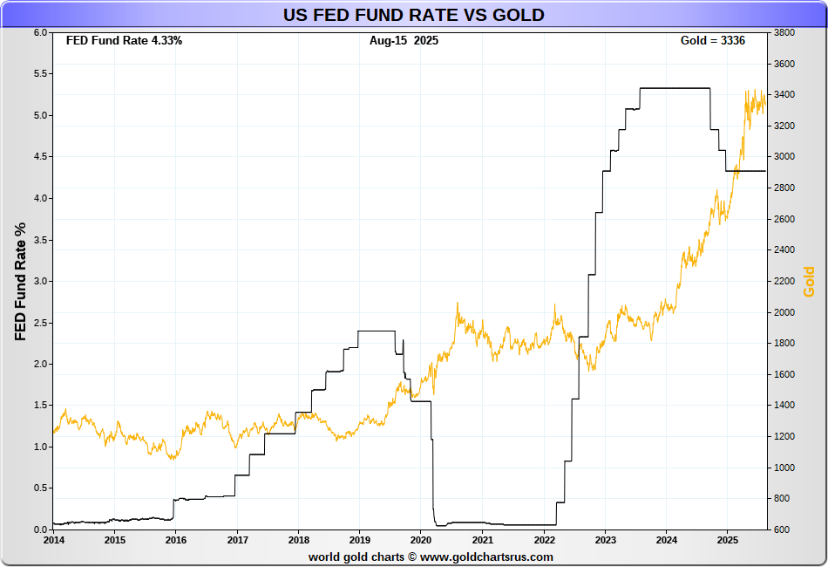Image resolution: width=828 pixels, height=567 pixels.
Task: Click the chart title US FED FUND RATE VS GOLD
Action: click(x=413, y=15)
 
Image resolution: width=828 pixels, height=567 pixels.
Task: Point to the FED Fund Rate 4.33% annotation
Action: click(x=124, y=41)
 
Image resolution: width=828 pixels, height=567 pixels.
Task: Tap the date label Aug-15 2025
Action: click(x=404, y=41)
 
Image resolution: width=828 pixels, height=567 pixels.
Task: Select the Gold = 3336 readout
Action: click(x=712, y=41)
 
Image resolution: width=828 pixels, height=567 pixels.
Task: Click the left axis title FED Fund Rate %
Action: click(x=21, y=281)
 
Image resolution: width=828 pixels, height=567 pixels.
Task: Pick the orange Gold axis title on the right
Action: click(x=809, y=281)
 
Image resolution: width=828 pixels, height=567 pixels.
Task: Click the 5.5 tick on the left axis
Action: click(x=39, y=74)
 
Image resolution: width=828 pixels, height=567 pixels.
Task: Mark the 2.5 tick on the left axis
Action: click(x=39, y=323)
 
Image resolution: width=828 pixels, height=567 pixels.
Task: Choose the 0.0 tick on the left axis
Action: click(x=39, y=529)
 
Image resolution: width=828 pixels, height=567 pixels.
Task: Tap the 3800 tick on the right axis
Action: click(x=783, y=33)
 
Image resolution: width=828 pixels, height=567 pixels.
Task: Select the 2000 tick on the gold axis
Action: click(x=783, y=312)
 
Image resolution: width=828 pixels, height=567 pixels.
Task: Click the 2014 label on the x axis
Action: click(x=53, y=540)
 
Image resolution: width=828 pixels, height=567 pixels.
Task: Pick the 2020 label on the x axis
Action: click(x=420, y=540)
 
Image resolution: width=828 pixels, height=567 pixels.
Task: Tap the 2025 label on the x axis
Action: click(x=727, y=540)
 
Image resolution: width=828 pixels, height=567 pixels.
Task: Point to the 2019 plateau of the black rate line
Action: click(x=377, y=331)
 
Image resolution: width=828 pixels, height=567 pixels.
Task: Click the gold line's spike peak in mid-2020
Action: click(x=458, y=304)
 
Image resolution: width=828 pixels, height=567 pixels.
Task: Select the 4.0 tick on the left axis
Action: click(x=39, y=198)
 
